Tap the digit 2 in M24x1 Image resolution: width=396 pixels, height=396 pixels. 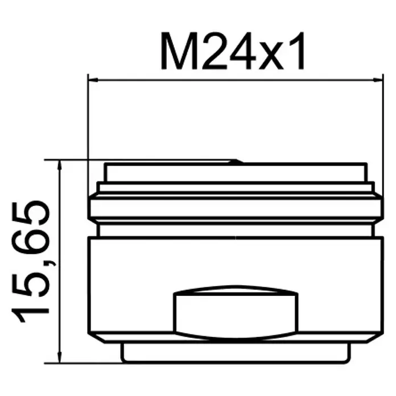coord(213,51)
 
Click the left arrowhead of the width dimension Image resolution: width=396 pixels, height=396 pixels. coord(93,80)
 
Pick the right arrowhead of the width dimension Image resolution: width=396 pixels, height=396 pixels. coord(378,80)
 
